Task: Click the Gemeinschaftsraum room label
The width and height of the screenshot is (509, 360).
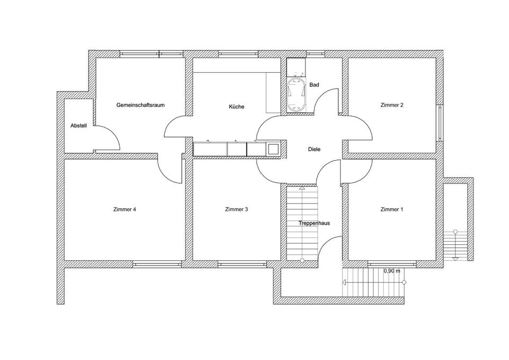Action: point(141,105)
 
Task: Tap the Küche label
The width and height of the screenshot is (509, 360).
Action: point(236,107)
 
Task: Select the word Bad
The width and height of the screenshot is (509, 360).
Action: point(314,85)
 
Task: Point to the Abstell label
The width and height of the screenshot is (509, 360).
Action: point(78,126)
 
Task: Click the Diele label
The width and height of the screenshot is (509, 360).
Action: point(314,150)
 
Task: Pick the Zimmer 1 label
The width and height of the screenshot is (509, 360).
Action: point(391,209)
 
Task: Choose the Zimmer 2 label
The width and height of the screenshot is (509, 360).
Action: point(391,105)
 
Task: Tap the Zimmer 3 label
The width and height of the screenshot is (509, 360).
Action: point(236,209)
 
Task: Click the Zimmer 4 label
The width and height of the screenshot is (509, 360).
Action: point(125,209)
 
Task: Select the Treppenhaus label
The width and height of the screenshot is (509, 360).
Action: point(314,223)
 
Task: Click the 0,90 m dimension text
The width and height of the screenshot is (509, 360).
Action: point(392,270)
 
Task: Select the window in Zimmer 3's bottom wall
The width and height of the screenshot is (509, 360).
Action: point(242,264)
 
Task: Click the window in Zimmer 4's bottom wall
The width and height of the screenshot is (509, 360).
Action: point(157,264)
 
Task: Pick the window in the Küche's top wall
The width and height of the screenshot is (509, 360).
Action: point(238,54)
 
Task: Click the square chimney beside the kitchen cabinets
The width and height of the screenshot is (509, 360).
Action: point(272,149)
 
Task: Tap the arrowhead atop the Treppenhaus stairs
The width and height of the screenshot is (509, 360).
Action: point(302,187)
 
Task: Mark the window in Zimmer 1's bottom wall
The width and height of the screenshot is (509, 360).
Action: point(392,264)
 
